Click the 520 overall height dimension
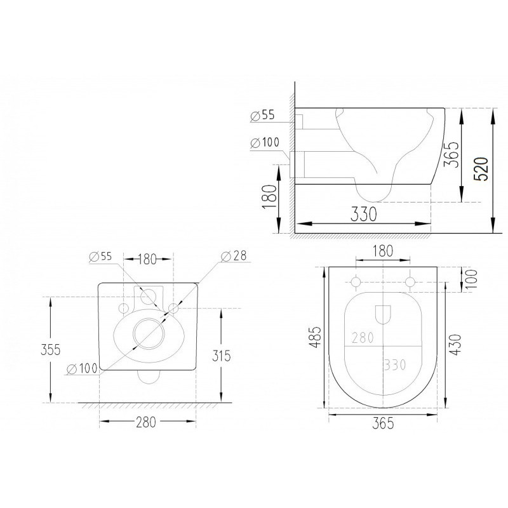click(x=481, y=169)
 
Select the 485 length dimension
click(x=315, y=337)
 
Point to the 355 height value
click(x=51, y=350)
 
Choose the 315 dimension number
click(x=221, y=356)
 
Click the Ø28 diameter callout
click(x=234, y=256)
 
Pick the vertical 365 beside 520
click(x=451, y=154)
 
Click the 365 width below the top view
click(x=383, y=424)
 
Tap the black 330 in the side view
click(x=364, y=214)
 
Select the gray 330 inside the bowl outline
click(x=395, y=365)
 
